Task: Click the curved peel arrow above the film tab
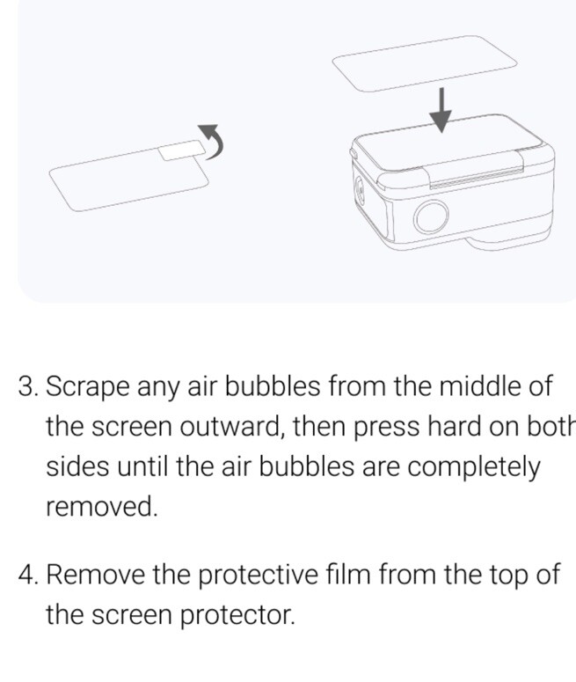[214, 139]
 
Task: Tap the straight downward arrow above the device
[443, 110]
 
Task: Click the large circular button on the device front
[432, 216]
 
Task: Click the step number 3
[27, 386]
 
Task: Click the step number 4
[27, 575]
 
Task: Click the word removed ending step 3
[101, 507]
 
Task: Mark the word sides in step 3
[75, 466]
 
